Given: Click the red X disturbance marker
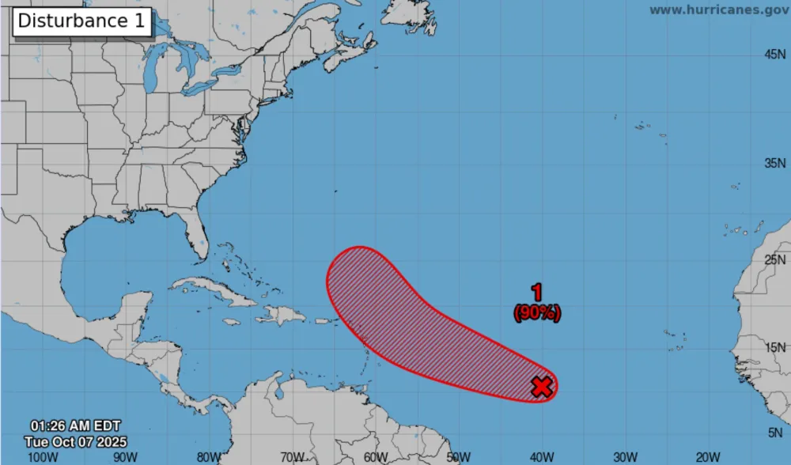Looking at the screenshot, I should pyautogui.click(x=542, y=387).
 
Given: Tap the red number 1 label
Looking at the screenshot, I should pyautogui.click(x=537, y=293).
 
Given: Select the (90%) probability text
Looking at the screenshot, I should pyautogui.click(x=537, y=313).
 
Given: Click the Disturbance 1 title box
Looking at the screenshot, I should pyautogui.click(x=81, y=21).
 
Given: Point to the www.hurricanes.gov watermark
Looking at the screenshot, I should pyautogui.click(x=717, y=9).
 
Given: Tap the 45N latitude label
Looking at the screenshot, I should pyautogui.click(x=774, y=55).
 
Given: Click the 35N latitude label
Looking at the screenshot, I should pyautogui.click(x=774, y=164).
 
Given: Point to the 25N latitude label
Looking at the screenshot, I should pyautogui.click(x=774, y=259).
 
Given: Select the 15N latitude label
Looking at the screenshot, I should pyautogui.click(x=774, y=346).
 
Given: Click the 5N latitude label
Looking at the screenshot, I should pyautogui.click(x=777, y=432).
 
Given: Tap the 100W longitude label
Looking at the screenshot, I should pyautogui.click(x=42, y=456).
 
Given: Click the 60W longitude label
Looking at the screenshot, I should pyautogui.click(x=376, y=456).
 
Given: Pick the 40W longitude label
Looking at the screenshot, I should pyautogui.click(x=542, y=456).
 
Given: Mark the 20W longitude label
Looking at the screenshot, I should pyautogui.click(x=708, y=456).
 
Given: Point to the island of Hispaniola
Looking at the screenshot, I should pyautogui.click(x=281, y=315).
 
